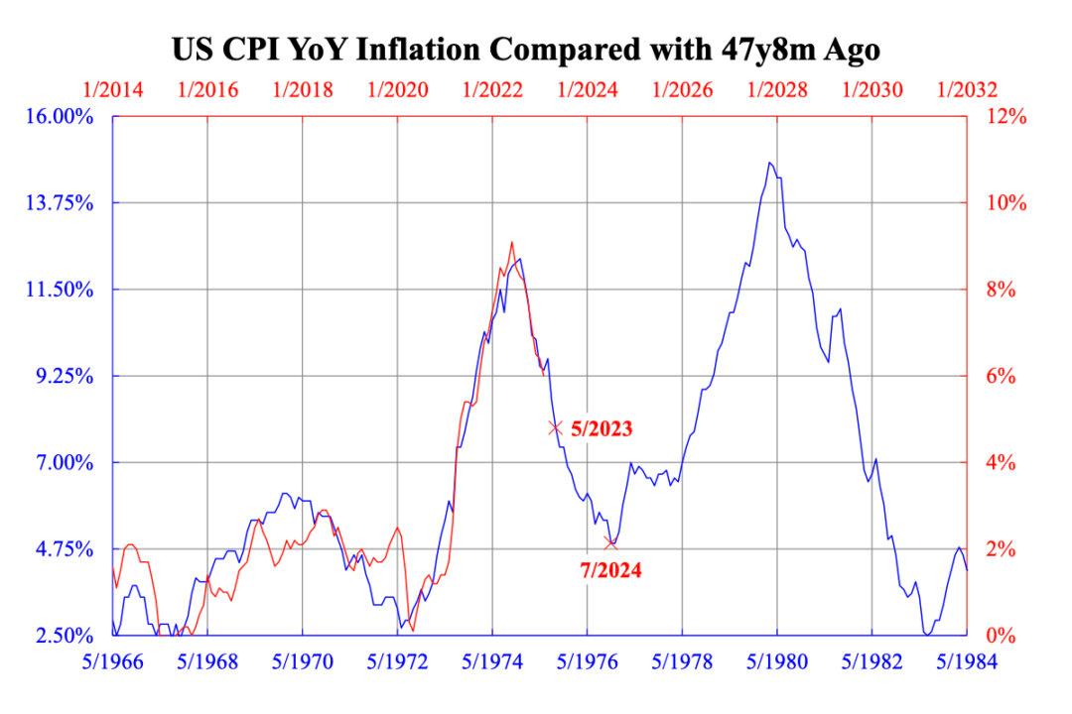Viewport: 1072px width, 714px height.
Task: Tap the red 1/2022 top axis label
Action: tap(493, 89)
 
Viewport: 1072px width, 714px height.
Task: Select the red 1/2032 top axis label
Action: tap(966, 89)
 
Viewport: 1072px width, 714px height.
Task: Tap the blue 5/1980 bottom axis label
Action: tap(777, 661)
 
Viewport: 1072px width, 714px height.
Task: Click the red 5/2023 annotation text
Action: tap(602, 430)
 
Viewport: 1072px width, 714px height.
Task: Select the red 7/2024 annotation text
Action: tap(609, 570)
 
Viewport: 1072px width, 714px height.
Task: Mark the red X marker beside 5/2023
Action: tap(556, 428)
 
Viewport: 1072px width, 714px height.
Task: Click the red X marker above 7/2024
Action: tap(610, 542)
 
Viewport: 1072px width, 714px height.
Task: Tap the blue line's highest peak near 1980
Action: tap(770, 163)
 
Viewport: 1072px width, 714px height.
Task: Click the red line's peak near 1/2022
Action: tap(512, 242)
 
